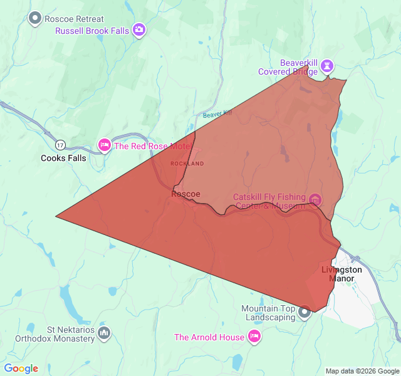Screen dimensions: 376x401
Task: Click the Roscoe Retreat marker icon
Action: click(36, 18)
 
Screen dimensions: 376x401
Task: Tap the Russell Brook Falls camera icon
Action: click(139, 30)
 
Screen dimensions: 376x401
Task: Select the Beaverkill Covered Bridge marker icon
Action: click(328, 65)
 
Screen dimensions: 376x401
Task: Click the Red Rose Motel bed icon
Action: click(105, 146)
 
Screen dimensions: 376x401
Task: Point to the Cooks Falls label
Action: click(63, 158)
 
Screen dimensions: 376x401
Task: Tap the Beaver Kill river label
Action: click(217, 114)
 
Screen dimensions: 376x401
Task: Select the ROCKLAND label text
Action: click(187, 164)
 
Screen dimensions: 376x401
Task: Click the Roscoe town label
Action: click(185, 194)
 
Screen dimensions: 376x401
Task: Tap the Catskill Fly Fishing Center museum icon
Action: click(315, 201)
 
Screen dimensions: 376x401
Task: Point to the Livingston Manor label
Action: click(341, 274)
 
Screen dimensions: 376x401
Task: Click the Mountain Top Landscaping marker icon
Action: click(305, 311)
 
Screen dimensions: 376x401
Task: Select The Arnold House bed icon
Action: click(254, 337)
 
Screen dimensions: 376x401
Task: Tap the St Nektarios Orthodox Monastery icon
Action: click(104, 333)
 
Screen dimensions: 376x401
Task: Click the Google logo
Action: click(21, 368)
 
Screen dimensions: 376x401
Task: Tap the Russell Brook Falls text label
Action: click(92, 31)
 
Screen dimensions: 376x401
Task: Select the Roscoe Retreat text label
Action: click(75, 19)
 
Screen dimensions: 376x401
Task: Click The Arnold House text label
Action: click(209, 337)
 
